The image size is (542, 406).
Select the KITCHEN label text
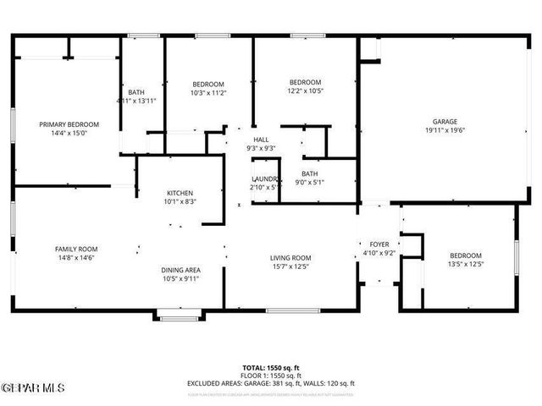(x=180, y=193)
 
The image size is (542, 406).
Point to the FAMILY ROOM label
(x=76, y=249)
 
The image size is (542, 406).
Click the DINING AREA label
(x=181, y=271)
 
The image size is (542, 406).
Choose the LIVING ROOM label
(x=290, y=258)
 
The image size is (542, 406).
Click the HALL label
(x=261, y=140)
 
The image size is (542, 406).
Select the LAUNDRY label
(x=265, y=178)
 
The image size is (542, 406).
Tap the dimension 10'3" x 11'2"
(x=207, y=92)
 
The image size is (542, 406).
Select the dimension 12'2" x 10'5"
(x=305, y=91)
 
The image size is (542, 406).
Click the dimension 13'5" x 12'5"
(x=465, y=264)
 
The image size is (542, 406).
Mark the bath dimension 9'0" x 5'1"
(x=310, y=182)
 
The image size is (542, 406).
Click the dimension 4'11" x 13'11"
(x=136, y=101)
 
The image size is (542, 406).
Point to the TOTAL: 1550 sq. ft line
(x=271, y=367)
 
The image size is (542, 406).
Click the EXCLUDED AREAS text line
(x=271, y=383)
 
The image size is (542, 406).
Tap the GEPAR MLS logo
(x=33, y=387)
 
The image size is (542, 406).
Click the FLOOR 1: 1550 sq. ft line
(x=271, y=375)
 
